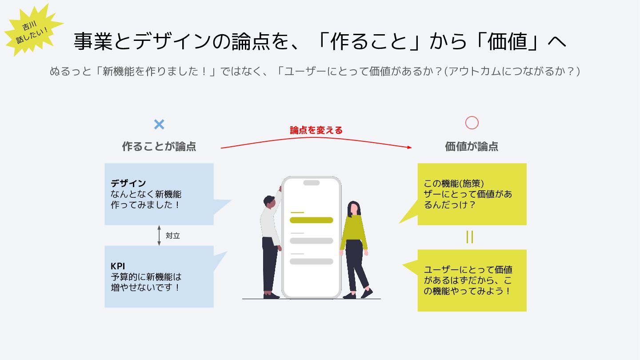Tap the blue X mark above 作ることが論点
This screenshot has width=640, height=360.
pos(159,124)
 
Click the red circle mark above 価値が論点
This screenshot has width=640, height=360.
pos(472,123)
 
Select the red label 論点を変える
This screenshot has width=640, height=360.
pos(316,130)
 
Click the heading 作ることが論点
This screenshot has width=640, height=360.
pos(159,146)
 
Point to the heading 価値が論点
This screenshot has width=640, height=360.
pos(472,146)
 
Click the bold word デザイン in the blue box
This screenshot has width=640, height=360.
pos(128,183)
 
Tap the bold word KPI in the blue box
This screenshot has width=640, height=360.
pos(118,266)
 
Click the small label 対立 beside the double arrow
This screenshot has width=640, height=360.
pos(172,236)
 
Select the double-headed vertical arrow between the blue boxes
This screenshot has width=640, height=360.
pos(159,236)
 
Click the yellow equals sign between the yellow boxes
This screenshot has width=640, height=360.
pos(470,237)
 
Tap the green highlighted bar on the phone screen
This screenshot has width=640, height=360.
pos(311,220)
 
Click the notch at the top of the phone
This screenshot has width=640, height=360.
pos(311,183)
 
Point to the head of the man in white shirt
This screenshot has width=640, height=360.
pos(269,202)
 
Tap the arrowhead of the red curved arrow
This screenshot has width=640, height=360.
pos(409,148)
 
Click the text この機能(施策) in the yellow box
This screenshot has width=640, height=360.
pos(454,183)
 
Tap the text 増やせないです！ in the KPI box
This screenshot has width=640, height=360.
pos(145,287)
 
